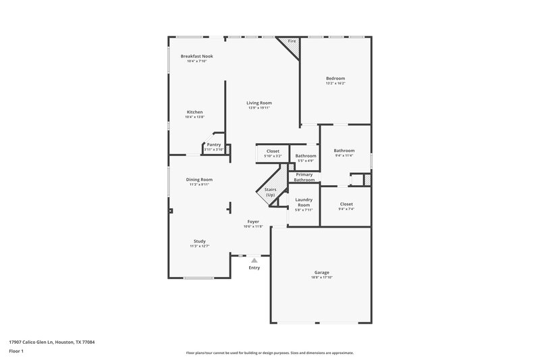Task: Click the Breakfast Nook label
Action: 197,56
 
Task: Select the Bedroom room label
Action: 335,78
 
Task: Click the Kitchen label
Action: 194,112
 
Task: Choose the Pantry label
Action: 214,145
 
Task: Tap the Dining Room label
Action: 199,180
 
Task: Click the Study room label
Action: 199,241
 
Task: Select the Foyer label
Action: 253,222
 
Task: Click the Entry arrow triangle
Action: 254,259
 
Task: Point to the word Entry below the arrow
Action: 254,268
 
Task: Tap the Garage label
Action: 321,272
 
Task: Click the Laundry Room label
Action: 304,202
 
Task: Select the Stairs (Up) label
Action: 270,192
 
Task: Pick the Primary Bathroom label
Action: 304,178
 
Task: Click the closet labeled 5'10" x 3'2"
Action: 273,153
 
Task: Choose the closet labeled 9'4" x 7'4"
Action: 346,206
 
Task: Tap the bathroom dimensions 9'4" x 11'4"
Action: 344,155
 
